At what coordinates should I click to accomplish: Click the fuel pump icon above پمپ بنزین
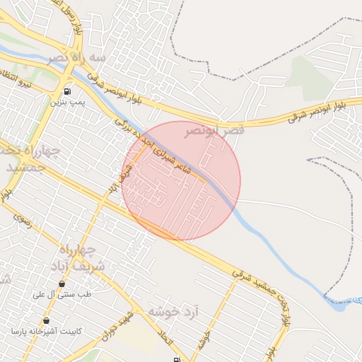point(66,91)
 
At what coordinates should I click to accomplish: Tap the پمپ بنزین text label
point(66,102)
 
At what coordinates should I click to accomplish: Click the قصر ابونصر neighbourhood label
point(215,131)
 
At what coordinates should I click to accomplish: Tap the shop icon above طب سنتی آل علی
point(62,284)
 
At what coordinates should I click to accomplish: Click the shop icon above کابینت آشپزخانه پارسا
point(46,320)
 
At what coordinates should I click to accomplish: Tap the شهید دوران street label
point(117,323)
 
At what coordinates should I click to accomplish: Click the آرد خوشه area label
point(174,312)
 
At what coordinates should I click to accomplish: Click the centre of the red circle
point(181,180)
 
